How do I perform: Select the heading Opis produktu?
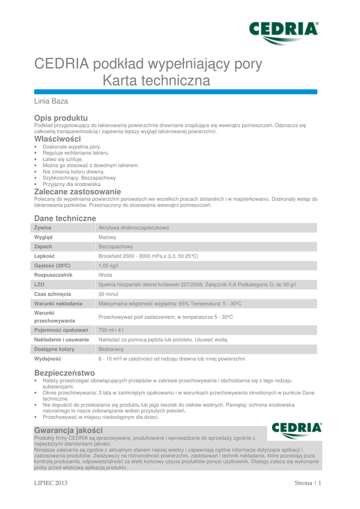coord(61,117)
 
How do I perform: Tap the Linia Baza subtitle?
coord(51,101)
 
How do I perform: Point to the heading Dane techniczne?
coord(65,218)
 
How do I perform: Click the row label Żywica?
coord(43,228)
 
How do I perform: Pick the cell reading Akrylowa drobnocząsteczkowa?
coord(134,228)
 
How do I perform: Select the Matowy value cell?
coord(107,237)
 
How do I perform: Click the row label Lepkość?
coord(44,255)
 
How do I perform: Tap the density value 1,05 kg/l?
coord(108,265)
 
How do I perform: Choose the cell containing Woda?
coord(105,274)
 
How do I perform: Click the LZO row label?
coord(39,284)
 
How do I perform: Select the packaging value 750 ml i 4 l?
coord(111,330)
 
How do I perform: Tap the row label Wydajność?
coord(48,358)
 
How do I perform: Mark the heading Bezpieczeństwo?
coord(64,372)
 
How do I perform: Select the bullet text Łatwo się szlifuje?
coord(63,159)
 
